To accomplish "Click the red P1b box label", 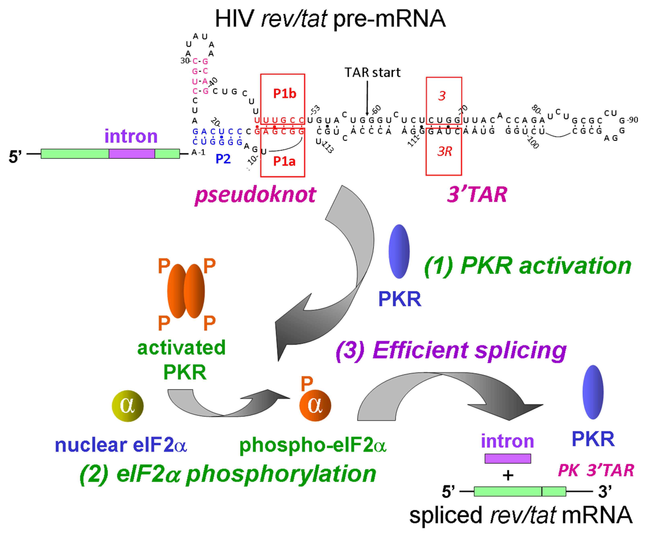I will pos(284,94).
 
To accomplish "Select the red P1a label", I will pos(284,161).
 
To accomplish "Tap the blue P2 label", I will pos(223,159).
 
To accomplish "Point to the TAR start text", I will pos(372,73).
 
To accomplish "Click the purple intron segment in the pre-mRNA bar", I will pos(132,153).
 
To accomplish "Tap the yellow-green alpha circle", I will pos(127,406).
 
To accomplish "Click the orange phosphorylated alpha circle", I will pos(315,406).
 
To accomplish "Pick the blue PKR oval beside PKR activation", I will pos(399,251).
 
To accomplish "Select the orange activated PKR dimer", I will pos(186,291).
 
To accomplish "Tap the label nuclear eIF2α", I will pos(121,445).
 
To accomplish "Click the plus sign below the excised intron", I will pos(508,475).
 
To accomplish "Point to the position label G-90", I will pos(628,120).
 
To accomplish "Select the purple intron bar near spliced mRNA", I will pos(508,458).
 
